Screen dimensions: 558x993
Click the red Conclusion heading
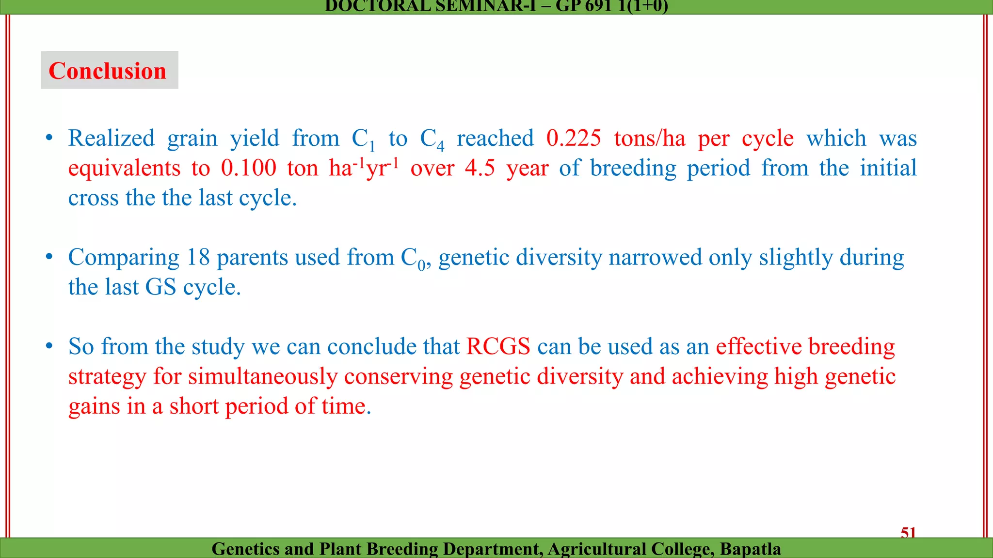pos(108,71)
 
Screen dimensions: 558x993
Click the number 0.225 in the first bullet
pos(574,139)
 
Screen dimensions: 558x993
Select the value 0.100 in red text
pos(248,168)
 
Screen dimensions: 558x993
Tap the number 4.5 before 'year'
pos(480,168)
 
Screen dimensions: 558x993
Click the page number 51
pos(908,532)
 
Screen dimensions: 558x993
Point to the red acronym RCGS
pos(498,347)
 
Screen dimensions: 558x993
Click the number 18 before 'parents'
pos(198,257)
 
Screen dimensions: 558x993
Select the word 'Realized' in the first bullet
pos(112,139)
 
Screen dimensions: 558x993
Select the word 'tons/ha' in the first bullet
pos(650,139)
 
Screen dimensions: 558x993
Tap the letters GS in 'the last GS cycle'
pos(160,287)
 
